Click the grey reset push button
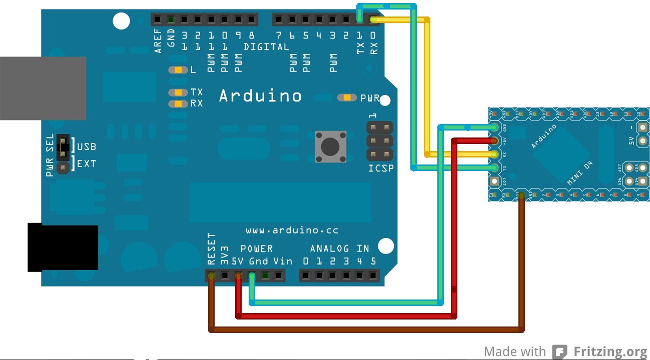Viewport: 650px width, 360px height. point(330,146)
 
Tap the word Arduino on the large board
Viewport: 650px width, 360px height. point(260,95)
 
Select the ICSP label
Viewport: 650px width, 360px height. point(381,168)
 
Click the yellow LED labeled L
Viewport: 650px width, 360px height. point(178,70)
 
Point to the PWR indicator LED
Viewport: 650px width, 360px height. point(347,97)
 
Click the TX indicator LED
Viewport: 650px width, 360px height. point(178,92)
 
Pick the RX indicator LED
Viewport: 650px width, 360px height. point(178,103)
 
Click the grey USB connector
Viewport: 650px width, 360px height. point(43,88)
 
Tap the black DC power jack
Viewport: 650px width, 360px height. point(63,248)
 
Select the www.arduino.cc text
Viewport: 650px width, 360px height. point(292,230)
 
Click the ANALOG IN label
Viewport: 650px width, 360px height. point(339,248)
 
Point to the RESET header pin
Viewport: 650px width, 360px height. point(212,275)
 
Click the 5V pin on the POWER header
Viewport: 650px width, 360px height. point(239,275)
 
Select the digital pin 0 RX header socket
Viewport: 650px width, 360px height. point(373,19)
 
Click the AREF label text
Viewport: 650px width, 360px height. point(158,41)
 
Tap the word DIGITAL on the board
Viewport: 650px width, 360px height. point(266,47)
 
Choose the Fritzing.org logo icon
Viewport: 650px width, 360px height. point(559,351)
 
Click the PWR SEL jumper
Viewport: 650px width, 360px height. point(63,148)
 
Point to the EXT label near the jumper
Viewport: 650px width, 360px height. point(86,163)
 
